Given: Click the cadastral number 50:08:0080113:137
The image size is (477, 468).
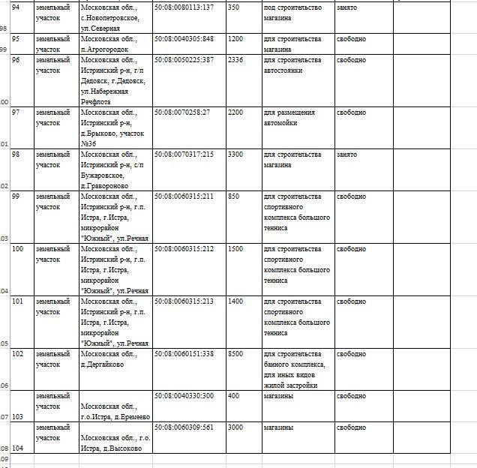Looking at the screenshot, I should coord(184,7).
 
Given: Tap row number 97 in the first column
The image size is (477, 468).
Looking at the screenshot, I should coord(17,112).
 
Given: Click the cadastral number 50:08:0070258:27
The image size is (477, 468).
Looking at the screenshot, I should coord(182,112).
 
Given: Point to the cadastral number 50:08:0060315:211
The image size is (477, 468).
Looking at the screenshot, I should coord(184,196).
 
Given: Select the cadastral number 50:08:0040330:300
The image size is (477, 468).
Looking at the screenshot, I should coord(184,396).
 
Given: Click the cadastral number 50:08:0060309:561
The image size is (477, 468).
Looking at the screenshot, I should coord(184,427).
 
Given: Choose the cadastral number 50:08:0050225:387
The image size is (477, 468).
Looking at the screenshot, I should coord(184,60).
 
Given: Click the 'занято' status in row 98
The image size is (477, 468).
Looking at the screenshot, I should coord(346,154).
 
